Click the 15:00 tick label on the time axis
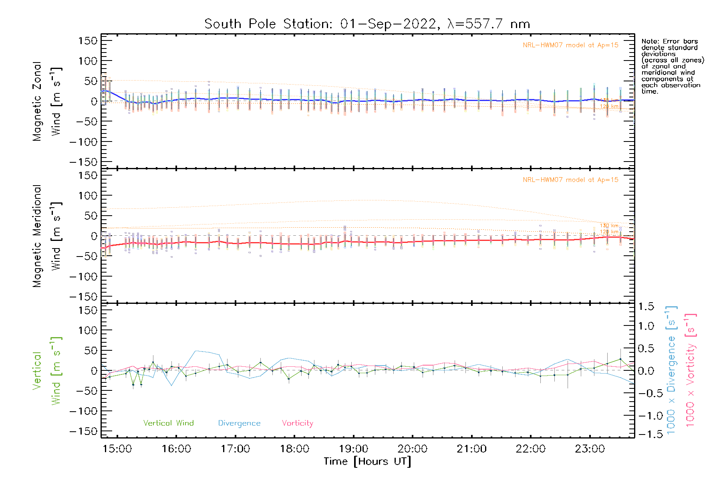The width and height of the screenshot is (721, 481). point(117,449)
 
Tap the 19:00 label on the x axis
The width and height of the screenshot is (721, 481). point(353,449)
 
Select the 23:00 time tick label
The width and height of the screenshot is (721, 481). point(590,449)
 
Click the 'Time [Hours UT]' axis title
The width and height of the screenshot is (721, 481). point(367,461)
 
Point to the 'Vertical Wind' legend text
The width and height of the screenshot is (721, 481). point(168,423)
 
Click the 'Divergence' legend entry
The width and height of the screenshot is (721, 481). point(239,423)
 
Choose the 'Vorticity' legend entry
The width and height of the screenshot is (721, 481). point(297,423)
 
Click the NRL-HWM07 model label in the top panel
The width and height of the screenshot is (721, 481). point(570,45)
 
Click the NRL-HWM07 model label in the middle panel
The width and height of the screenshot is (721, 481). point(570,180)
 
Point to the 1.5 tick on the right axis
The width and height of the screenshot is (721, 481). point(646,307)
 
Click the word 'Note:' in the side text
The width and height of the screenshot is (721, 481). point(650,41)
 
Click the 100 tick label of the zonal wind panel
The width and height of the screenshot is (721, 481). point(88,61)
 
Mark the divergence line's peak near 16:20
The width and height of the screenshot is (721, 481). point(196,351)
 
